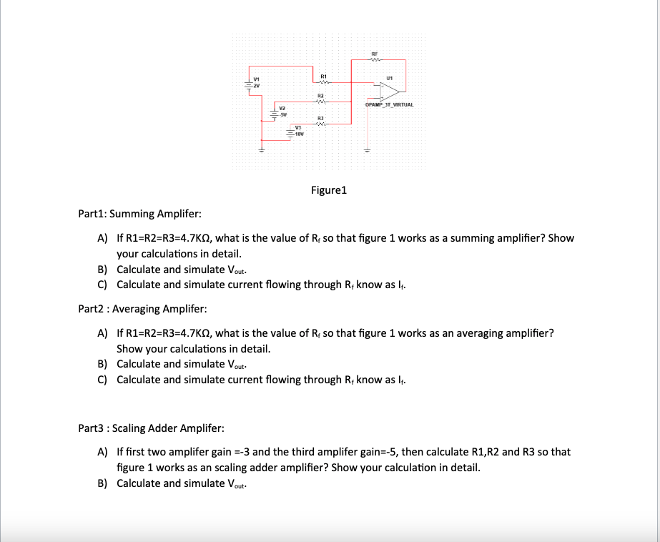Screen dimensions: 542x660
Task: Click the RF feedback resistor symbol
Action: [x=374, y=59]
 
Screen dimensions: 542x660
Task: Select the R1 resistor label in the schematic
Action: [x=323, y=76]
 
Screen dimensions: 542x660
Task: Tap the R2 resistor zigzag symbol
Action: [x=322, y=101]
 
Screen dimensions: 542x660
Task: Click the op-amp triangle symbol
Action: [x=390, y=91]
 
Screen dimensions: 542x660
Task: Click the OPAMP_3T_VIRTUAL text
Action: [x=389, y=105]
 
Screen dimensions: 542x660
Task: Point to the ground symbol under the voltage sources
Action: [x=261, y=151]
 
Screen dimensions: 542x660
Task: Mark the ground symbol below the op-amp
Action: [x=367, y=151]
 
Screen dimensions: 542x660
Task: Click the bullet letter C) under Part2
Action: [x=102, y=379]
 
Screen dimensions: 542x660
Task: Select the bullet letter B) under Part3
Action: [x=102, y=483]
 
